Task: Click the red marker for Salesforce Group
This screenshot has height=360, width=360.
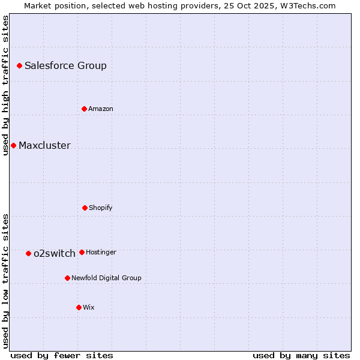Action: click(x=19, y=65)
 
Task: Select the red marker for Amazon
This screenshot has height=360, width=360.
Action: click(x=84, y=109)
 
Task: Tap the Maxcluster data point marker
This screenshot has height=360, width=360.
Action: click(x=13, y=145)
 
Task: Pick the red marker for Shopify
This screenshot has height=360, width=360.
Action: click(x=85, y=208)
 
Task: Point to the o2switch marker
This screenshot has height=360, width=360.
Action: click(x=28, y=253)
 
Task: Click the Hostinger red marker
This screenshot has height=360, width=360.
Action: click(x=82, y=252)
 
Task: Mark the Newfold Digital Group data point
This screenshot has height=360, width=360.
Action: click(x=67, y=278)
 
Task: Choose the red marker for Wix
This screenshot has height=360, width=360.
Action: click(x=79, y=307)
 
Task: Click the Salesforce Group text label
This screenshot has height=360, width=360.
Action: click(x=65, y=66)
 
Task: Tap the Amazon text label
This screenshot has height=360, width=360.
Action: click(x=101, y=109)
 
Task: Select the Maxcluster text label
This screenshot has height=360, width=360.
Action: click(x=44, y=146)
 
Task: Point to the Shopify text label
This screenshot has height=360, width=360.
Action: click(x=101, y=208)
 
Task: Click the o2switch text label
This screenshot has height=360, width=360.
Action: click(x=55, y=254)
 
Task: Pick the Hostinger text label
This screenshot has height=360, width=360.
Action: click(x=101, y=253)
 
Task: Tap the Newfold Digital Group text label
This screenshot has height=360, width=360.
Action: click(x=106, y=278)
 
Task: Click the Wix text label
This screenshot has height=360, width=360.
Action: click(x=89, y=308)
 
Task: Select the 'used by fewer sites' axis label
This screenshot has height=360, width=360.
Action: click(x=62, y=356)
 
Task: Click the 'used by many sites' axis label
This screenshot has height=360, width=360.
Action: click(x=301, y=356)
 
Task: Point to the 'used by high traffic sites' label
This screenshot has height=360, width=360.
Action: click(x=5, y=85)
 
